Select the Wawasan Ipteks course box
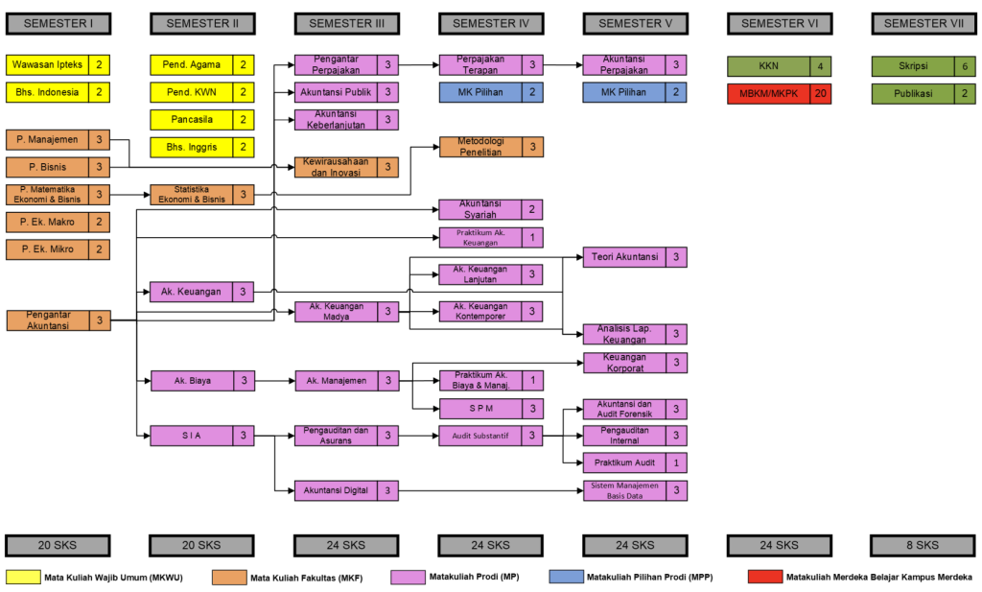click(48, 65)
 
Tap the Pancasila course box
click(192, 120)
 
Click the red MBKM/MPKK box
click(768, 93)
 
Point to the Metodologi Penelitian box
click(480, 147)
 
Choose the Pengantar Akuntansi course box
click(48, 320)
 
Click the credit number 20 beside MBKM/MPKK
click(820, 93)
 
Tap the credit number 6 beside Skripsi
click(964, 65)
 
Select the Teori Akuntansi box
click(624, 257)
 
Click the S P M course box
click(480, 409)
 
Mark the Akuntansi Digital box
click(336, 490)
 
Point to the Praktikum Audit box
click(624, 462)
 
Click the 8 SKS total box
click(924, 545)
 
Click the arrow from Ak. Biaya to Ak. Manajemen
click(269, 381)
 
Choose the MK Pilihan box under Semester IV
click(480, 92)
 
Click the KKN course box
click(768, 66)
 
